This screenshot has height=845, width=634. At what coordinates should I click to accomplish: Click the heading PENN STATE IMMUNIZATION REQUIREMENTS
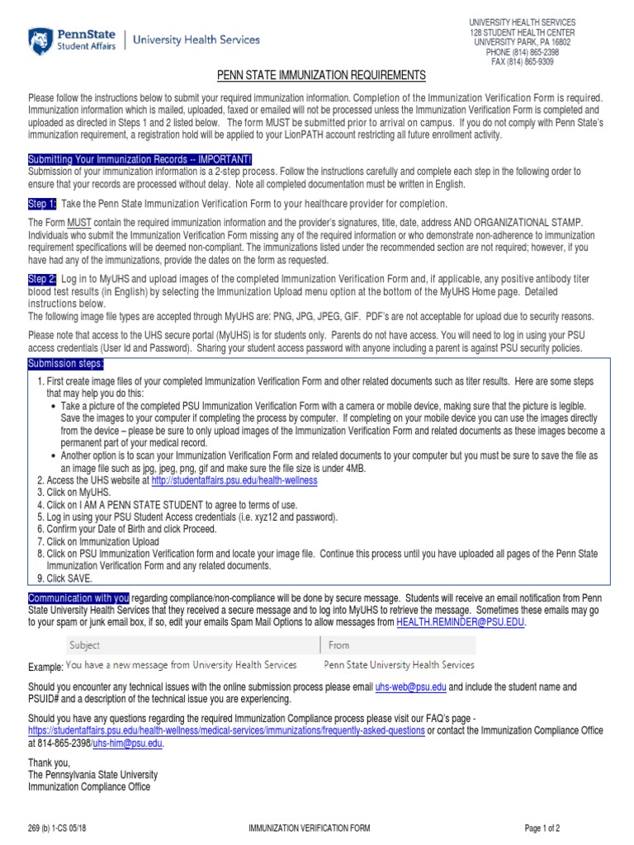point(321,76)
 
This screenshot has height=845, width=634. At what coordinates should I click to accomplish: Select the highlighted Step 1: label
point(42,204)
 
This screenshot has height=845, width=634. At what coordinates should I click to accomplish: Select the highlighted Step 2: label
point(42,280)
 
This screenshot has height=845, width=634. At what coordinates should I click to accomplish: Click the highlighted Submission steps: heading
point(66,364)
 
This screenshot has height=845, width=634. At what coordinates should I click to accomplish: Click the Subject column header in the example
point(85,645)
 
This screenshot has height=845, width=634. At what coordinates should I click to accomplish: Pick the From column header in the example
point(338,645)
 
